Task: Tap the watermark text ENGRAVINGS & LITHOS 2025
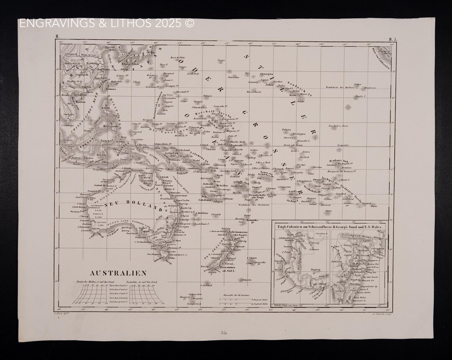coord(107,23)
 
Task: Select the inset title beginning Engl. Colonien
coord(330,225)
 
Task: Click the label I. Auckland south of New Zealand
coord(205,285)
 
